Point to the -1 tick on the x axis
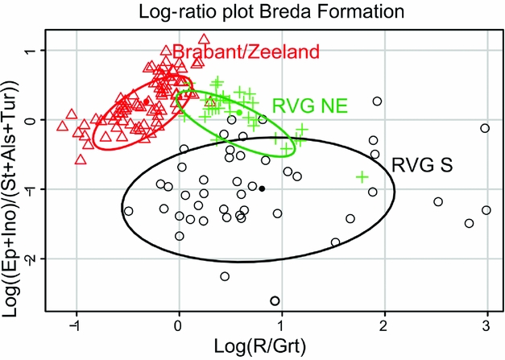tap(74, 323)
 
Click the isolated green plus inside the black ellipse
tap(362, 176)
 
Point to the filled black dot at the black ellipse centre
tap(262, 188)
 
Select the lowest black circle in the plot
tap(275, 301)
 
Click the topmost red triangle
tap(204, 39)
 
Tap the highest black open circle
tap(376, 101)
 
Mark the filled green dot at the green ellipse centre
tap(239, 113)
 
